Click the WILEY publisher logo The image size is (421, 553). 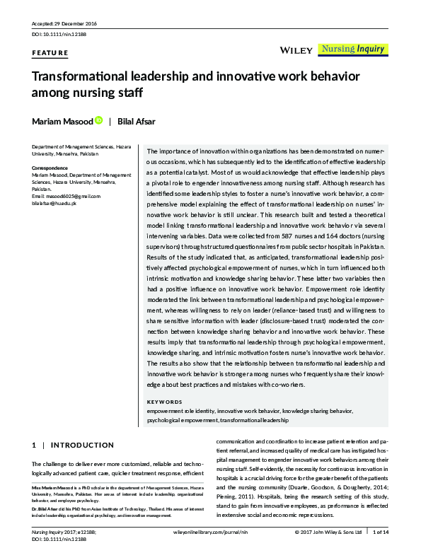pyautogui.click(x=293, y=50)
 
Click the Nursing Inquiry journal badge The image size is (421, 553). pyautogui.click(x=352, y=50)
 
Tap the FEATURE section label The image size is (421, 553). pyautogui.click(x=50, y=53)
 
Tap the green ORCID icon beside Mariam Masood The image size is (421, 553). pyautogui.click(x=99, y=121)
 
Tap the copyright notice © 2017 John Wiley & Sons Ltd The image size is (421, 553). pyautogui.click(x=323, y=532)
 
